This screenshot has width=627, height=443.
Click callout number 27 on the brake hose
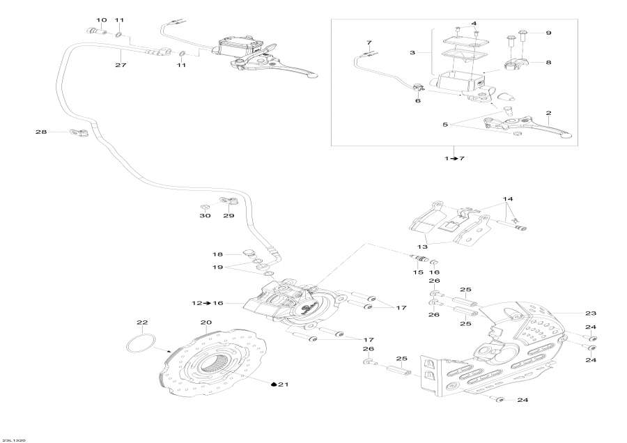121,65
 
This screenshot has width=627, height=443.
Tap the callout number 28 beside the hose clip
40,132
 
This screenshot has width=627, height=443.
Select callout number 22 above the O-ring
142,322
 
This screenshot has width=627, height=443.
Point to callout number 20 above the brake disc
206,322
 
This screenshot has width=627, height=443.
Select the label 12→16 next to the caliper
206,304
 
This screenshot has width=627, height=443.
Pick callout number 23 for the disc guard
591,313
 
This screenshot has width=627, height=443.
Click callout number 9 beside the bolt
548,33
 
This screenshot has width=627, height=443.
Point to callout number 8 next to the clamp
548,63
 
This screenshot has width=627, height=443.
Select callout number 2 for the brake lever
548,113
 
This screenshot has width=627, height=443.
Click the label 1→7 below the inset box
454,159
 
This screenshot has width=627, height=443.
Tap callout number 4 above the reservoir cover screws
474,24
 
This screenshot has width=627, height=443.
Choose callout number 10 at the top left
102,20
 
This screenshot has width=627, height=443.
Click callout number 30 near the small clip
205,216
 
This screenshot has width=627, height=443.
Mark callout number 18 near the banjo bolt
217,255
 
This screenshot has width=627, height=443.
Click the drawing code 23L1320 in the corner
14,440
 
